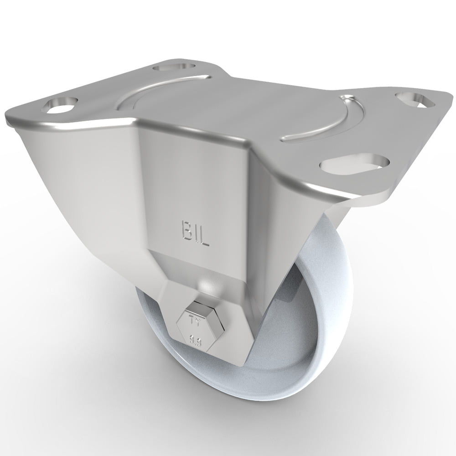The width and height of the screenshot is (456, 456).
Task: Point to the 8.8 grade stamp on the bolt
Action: [199, 340]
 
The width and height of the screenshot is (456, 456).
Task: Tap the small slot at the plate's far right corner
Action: [414, 100]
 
